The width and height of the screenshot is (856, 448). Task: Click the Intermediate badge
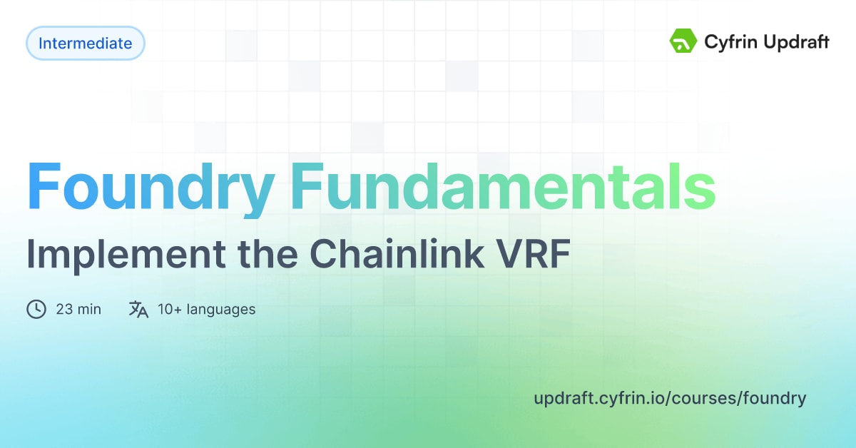85,44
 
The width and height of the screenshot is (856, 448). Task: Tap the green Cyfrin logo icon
683,42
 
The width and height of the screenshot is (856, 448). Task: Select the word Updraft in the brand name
795,43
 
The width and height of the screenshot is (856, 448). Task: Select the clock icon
36,310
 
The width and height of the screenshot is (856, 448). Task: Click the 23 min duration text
78,310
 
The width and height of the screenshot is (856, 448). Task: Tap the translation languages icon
138,310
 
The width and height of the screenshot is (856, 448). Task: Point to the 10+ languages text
206,310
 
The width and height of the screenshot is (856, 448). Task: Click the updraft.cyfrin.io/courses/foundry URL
670,398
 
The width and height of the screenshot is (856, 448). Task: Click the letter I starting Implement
31,255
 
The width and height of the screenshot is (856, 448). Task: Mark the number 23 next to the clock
64,310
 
